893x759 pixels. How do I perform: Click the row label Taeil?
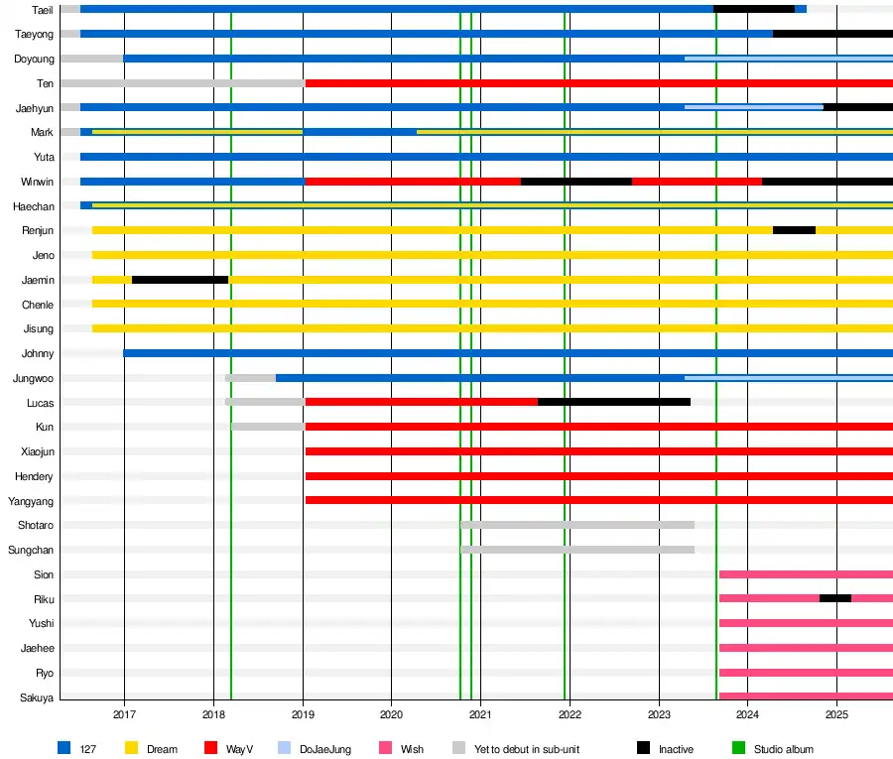43,10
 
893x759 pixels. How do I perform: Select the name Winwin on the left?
38,182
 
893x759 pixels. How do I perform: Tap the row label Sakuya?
38,697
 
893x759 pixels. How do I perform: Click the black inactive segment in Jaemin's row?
180,280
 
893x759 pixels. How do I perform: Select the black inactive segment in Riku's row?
835,598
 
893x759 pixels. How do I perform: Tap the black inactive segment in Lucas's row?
613,402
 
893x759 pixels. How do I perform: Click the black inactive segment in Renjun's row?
794,230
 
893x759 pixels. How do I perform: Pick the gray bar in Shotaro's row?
577,525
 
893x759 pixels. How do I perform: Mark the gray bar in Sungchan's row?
577,549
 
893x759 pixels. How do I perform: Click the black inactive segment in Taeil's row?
754,9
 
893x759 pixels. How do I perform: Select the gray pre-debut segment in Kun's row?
268,427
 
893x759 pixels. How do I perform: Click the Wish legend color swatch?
385,749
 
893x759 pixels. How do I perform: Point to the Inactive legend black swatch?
644,749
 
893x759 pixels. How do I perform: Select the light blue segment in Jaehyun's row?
754,107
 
